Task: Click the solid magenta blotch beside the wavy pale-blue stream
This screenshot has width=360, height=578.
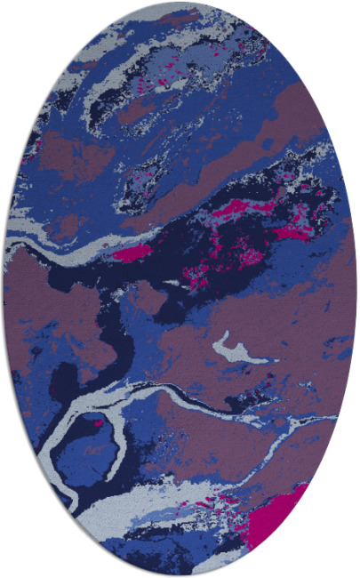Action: (132, 253)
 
